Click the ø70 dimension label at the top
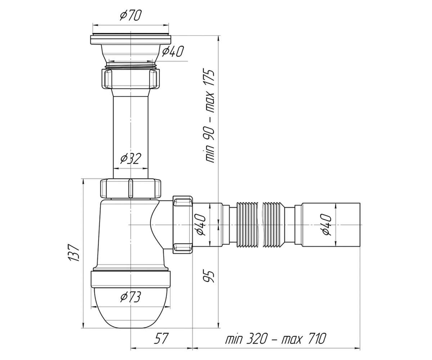tap(131, 16)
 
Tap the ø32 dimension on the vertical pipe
tap(131, 159)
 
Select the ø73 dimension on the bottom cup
tap(131, 297)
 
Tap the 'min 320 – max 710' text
tap(276, 338)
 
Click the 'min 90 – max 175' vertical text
tap(209, 116)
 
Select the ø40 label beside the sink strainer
tap(173, 51)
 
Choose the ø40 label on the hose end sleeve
tap(327, 225)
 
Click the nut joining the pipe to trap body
tap(131, 188)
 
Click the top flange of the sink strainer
tap(131, 40)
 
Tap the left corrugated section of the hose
tap(248, 225)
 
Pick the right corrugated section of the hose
tap(274, 225)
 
